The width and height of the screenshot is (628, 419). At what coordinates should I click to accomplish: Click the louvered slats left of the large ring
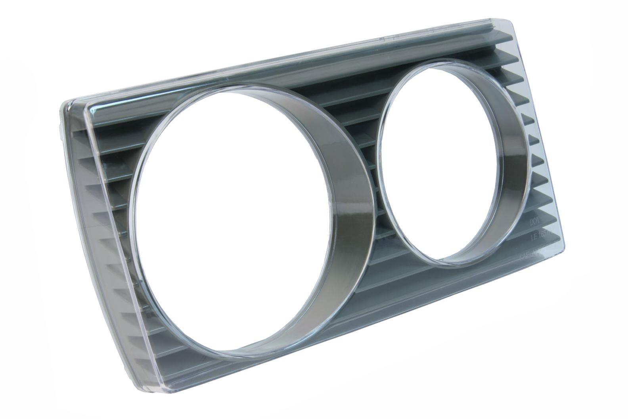111,190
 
